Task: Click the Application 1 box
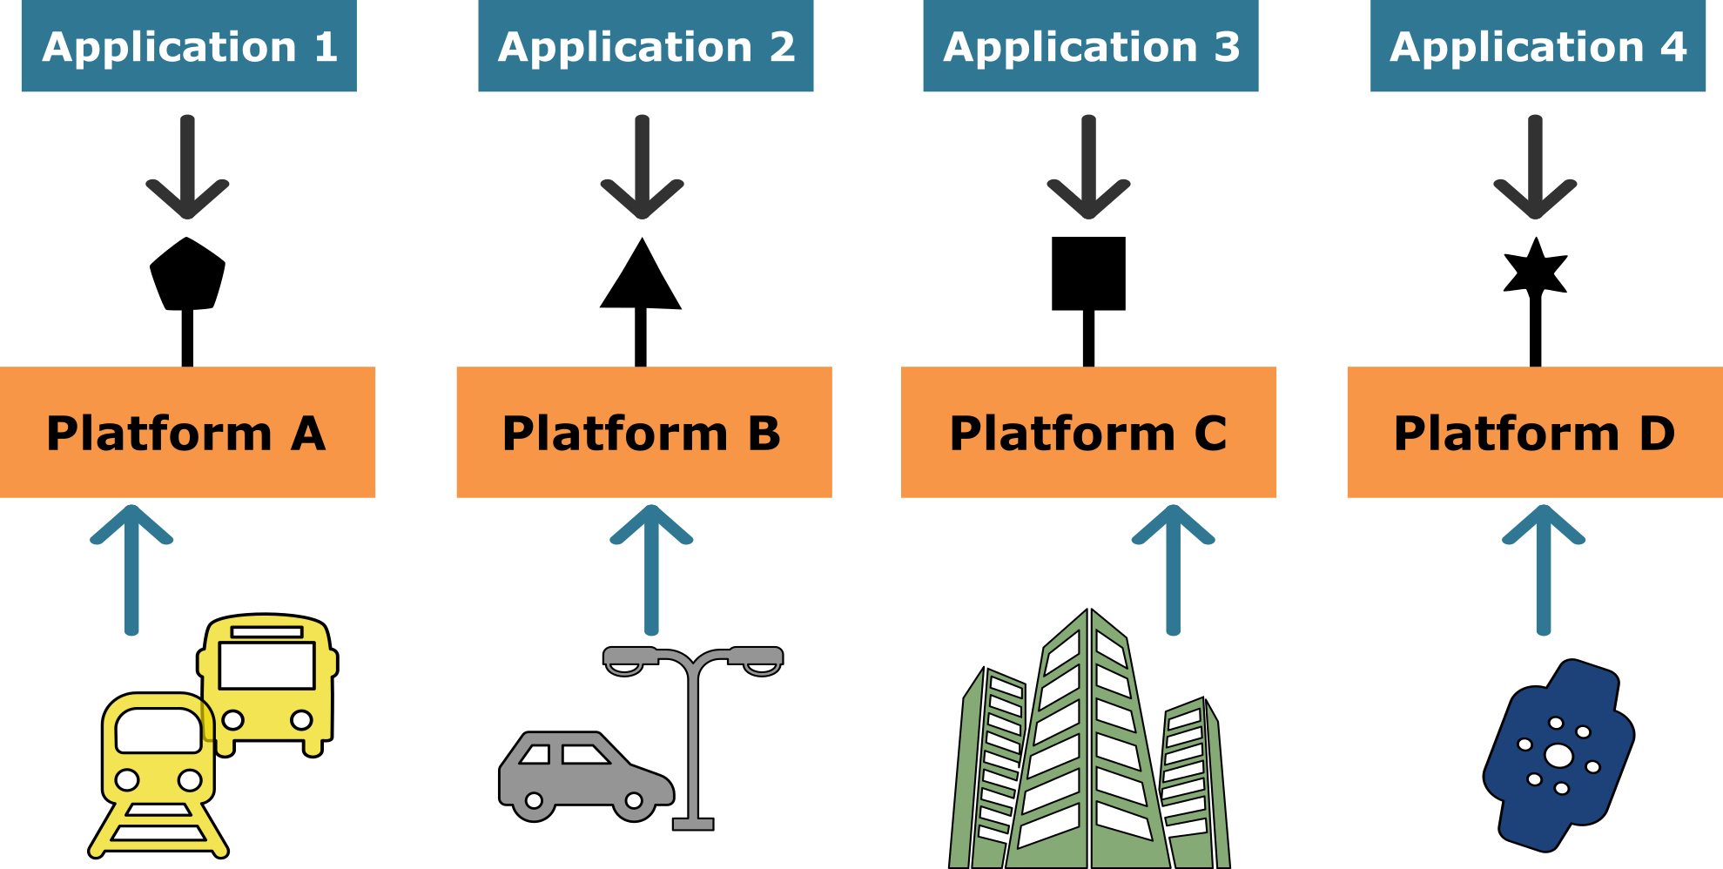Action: pyautogui.click(x=189, y=46)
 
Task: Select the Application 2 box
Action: pyautogui.click(x=645, y=46)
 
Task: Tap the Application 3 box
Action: pyautogui.click(x=1090, y=46)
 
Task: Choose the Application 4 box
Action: pyautogui.click(x=1538, y=46)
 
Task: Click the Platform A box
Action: pyautogui.click(x=187, y=432)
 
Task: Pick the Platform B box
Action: pyautogui.click(x=643, y=432)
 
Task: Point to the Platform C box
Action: pyautogui.click(x=1088, y=432)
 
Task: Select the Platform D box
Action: pyautogui.click(x=1534, y=432)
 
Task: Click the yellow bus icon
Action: pyautogui.click(x=268, y=684)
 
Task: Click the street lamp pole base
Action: pyautogui.click(x=693, y=823)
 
